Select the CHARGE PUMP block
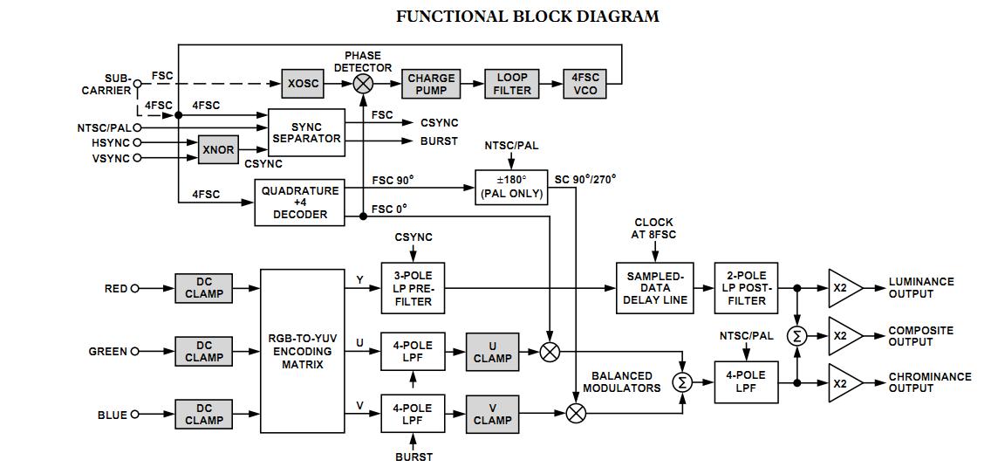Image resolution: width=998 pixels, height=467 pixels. (x=431, y=84)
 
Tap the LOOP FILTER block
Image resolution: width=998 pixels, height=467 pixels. (x=512, y=84)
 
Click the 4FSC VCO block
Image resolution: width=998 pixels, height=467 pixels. (x=585, y=84)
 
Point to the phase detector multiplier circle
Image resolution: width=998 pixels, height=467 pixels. (x=363, y=84)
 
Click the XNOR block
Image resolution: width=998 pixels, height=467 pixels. (x=218, y=149)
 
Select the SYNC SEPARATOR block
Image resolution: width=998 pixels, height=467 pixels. (x=306, y=133)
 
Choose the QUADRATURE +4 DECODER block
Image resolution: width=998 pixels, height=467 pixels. (x=299, y=203)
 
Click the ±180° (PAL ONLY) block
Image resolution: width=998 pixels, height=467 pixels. (x=512, y=187)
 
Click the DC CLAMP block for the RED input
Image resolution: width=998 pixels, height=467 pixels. (x=204, y=288)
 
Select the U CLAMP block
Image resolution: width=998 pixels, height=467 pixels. (x=493, y=351)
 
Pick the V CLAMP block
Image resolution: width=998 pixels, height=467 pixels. (x=493, y=413)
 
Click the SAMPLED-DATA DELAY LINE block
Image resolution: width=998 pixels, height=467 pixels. (x=655, y=288)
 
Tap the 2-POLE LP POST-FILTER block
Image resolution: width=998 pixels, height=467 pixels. (x=747, y=288)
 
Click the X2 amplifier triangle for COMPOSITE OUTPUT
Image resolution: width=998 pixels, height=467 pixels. (x=844, y=335)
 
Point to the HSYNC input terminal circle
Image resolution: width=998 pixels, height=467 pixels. (x=138, y=142)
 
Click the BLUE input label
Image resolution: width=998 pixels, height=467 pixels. (x=112, y=415)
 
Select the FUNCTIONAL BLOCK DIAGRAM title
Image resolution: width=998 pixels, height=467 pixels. (x=527, y=17)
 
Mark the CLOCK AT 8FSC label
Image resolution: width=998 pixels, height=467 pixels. (x=654, y=229)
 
